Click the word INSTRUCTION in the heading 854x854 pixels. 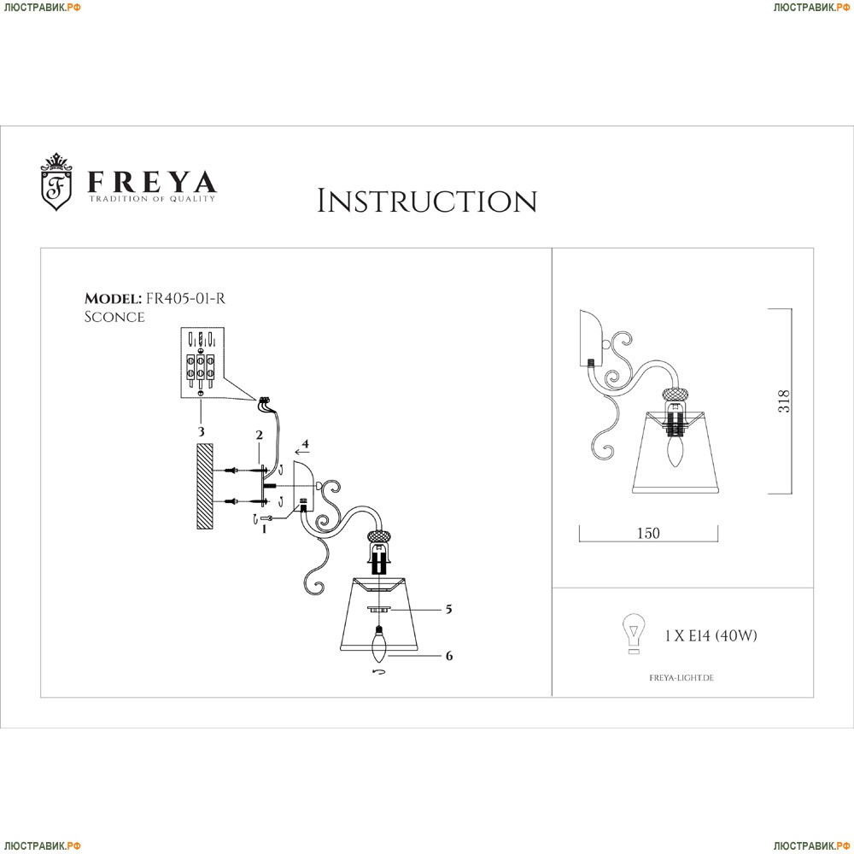(x=427, y=202)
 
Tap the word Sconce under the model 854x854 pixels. (x=114, y=317)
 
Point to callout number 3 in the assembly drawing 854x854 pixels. (x=202, y=432)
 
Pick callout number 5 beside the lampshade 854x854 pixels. (x=447, y=610)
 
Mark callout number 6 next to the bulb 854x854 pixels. (x=448, y=656)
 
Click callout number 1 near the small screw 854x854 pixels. (x=265, y=529)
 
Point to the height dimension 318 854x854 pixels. (x=785, y=402)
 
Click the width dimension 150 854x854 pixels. (x=648, y=533)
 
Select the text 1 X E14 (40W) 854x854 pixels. (x=711, y=635)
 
